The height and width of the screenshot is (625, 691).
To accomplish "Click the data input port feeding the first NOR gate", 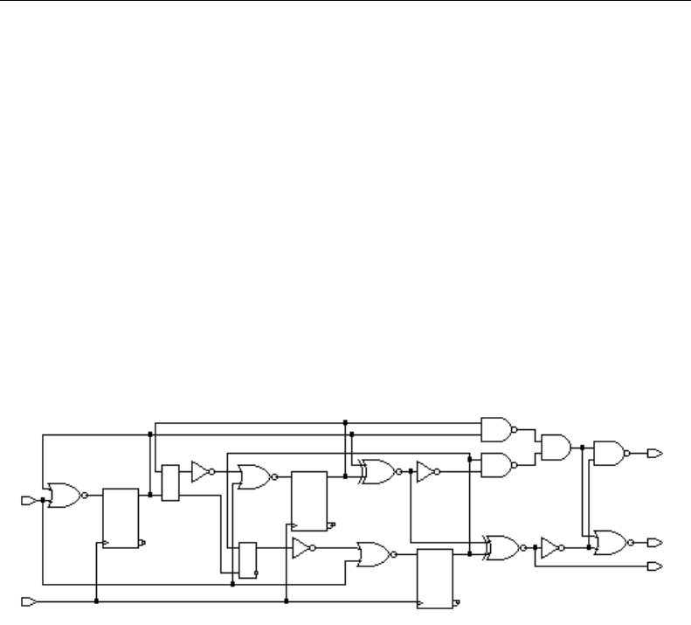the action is [27, 500].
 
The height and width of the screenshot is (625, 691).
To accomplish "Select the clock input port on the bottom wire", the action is [27, 602].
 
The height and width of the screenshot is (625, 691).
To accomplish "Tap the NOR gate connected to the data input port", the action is [65, 495].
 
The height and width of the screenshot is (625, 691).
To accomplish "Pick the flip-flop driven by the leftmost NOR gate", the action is [121, 517].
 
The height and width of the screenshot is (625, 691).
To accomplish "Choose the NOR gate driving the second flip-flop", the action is [254, 476].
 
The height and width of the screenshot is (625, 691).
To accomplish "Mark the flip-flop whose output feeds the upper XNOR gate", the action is [309, 500].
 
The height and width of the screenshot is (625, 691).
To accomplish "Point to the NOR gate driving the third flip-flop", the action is [373, 552].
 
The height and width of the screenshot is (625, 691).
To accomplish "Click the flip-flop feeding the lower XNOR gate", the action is [435, 578].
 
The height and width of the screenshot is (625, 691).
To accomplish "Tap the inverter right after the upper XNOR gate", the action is [425, 472].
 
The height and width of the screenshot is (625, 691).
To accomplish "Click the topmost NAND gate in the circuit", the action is [495, 427].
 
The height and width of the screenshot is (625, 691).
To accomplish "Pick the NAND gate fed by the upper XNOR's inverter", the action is [495, 465].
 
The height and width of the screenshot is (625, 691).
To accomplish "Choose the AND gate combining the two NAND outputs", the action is [555, 447].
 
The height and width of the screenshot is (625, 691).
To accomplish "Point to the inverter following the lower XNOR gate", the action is [549, 548].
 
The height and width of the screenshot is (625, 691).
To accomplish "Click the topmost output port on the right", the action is [655, 453].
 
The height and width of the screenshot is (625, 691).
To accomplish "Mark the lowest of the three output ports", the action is [655, 566].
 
